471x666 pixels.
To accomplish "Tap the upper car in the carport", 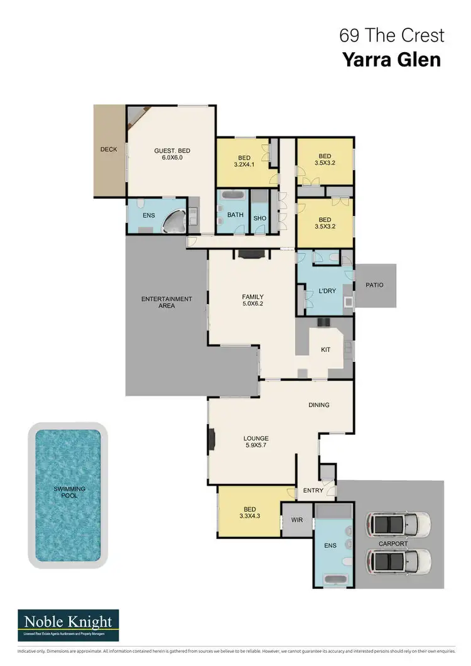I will click(x=399, y=523).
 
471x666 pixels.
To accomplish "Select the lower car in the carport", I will click(x=399, y=560).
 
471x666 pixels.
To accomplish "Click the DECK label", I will click(x=109, y=150).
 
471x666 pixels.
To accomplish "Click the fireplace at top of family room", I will click(x=252, y=254).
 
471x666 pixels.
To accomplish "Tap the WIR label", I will click(x=296, y=520).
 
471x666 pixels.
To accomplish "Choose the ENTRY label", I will click(x=313, y=490).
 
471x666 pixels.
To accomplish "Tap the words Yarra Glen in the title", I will click(x=391, y=60).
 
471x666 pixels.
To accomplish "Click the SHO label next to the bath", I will click(x=260, y=217).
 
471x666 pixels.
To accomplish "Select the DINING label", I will click(x=319, y=405).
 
